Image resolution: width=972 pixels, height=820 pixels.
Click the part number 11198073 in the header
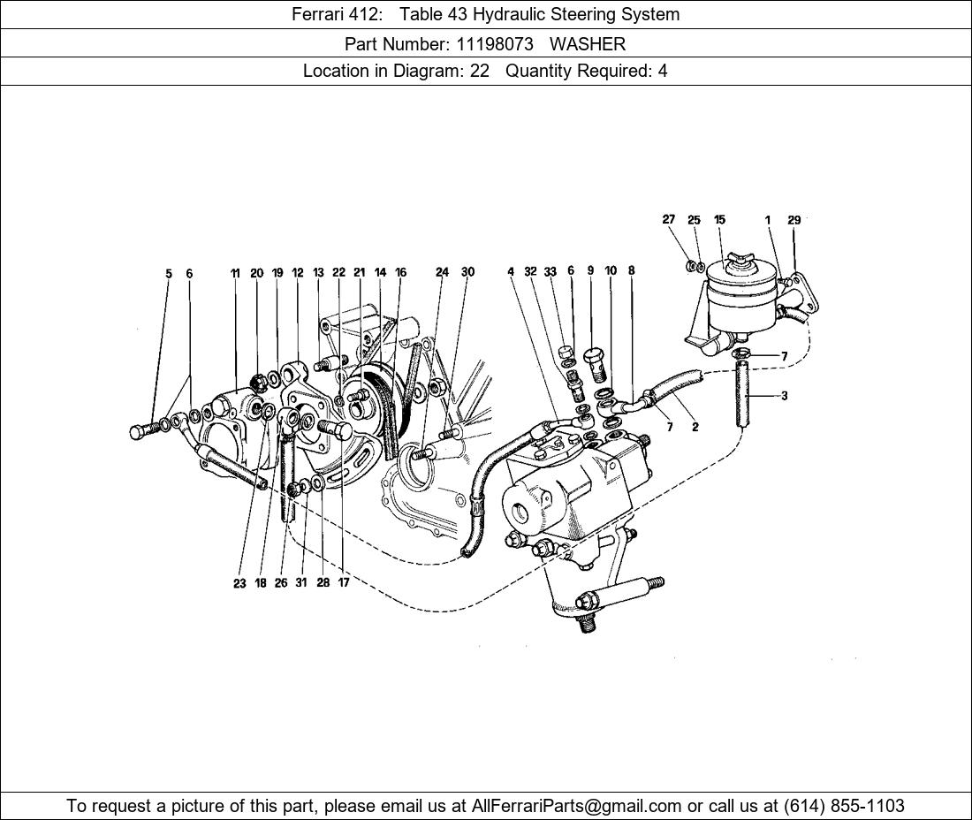click(494, 43)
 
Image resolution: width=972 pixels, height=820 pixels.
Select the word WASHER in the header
click(587, 43)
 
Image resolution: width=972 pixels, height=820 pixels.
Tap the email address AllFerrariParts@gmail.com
click(577, 806)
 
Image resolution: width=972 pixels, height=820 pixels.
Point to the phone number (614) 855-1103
click(844, 806)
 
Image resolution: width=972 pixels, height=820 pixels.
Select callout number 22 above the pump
click(338, 273)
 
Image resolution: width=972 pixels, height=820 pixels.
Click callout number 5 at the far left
click(169, 274)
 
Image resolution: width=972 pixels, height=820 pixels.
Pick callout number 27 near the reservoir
click(668, 220)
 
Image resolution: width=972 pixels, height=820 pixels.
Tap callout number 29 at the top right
click(794, 220)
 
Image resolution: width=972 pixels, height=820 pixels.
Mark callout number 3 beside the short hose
click(784, 396)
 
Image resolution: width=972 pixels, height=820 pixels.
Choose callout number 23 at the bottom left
click(239, 583)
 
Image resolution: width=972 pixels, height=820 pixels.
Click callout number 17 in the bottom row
click(343, 583)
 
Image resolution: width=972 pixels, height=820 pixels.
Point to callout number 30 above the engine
click(467, 272)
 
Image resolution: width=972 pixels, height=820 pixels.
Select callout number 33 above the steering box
click(550, 272)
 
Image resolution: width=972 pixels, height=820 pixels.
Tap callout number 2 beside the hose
click(695, 428)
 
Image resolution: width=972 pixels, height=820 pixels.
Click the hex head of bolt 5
click(136, 432)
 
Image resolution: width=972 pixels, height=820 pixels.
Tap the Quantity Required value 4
click(662, 71)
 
